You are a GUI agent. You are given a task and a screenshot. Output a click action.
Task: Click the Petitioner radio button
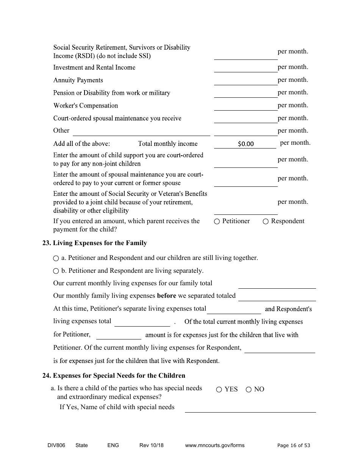tap(217, 222)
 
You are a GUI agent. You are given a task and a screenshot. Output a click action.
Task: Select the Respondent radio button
tap(266, 222)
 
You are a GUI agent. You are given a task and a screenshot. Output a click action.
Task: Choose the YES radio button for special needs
tap(219, 389)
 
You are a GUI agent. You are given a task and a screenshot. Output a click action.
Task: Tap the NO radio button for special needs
tap(249, 389)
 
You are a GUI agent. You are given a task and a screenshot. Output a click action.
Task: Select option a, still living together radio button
tap(56, 258)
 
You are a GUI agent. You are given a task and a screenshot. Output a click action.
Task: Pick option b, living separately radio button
tap(56, 271)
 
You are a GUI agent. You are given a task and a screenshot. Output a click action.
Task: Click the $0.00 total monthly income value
tap(246, 144)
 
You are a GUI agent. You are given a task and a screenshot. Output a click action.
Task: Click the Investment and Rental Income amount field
tap(246, 68)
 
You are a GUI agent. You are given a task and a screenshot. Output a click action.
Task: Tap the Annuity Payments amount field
tap(246, 81)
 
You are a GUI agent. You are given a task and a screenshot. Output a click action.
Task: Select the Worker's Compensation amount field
tap(246, 106)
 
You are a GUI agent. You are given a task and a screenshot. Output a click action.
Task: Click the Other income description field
tap(141, 131)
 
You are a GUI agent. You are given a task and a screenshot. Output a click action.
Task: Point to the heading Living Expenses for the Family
tap(95, 243)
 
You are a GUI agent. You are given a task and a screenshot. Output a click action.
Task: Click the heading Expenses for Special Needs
tap(114, 376)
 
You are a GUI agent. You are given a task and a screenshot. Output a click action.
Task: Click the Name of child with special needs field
tap(250, 408)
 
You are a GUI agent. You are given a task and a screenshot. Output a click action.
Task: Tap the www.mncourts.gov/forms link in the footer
tap(215, 445)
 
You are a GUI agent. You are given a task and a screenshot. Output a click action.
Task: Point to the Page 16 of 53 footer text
tap(294, 445)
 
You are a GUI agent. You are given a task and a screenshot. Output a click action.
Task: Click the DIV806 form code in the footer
tap(54, 445)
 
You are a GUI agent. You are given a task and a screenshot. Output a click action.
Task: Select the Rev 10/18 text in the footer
tap(152, 445)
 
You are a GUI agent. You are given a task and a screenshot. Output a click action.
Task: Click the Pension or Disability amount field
tap(246, 93)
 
